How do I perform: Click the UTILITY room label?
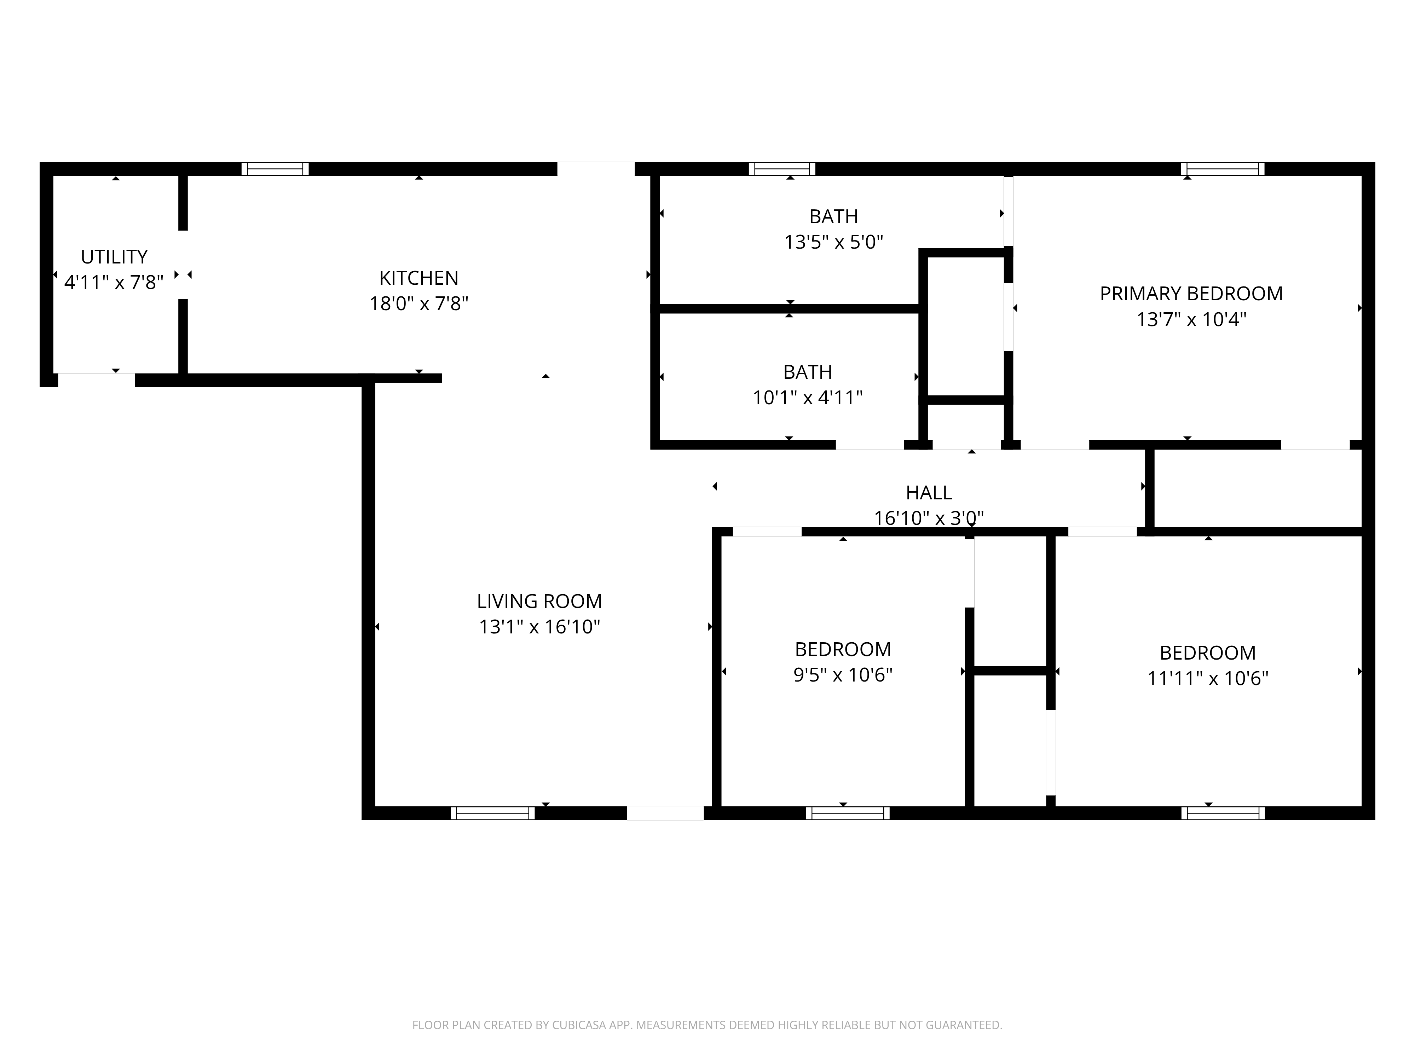click(114, 256)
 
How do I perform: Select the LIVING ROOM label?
click(539, 601)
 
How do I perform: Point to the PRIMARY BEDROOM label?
click(1191, 294)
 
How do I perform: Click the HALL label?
click(929, 492)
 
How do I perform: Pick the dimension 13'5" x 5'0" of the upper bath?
click(833, 242)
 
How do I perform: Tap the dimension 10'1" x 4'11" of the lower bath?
click(807, 398)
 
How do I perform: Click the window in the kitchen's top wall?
click(275, 169)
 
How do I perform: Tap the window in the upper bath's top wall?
click(782, 169)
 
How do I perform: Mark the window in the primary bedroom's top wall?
click(1223, 169)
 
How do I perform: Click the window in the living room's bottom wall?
click(492, 813)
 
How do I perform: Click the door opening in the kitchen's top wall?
click(596, 169)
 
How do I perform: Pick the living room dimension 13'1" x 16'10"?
click(539, 627)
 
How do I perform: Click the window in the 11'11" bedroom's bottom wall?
click(1223, 813)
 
